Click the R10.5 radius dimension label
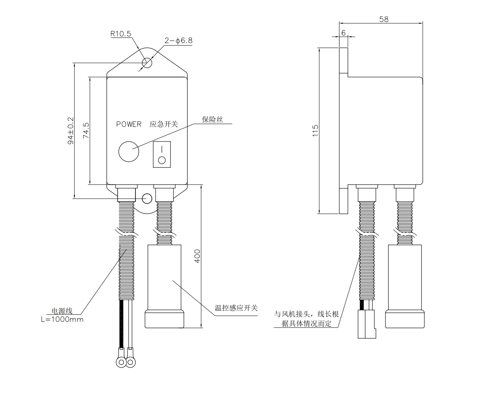121,34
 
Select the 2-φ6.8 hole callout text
178,40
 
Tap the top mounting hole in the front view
147,63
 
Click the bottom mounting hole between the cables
147,198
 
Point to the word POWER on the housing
129,124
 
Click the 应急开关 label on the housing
164,124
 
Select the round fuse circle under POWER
129,151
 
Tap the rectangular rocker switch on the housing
162,154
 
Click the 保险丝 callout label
212,119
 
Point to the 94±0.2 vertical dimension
71,131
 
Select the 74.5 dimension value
86,130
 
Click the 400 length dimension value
197,256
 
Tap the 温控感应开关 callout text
236,308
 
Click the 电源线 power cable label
62,311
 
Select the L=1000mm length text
62,320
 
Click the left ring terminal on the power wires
121,362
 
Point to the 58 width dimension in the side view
384,19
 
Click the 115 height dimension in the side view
315,130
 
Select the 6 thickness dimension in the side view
343,33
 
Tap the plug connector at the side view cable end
366,324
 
